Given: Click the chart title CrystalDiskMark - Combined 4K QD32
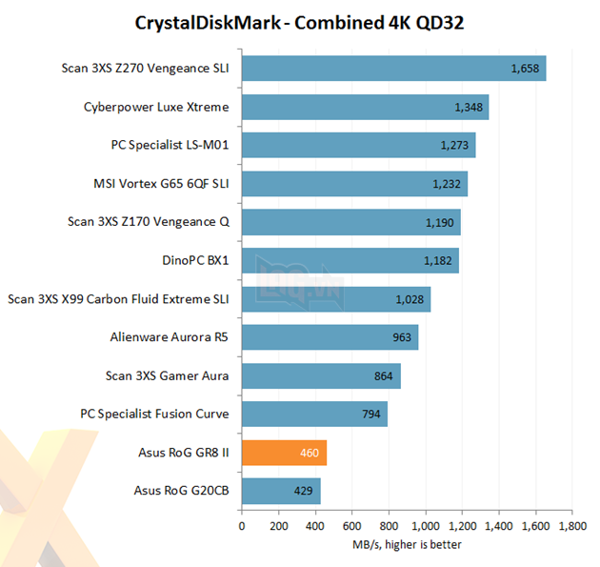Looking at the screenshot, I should coord(300,22).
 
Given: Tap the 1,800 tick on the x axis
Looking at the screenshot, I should coord(572,525).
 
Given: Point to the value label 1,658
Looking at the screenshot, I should coord(526,69).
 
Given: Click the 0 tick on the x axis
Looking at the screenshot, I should coord(242,525).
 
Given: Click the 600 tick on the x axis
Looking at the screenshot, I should coord(352,525).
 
